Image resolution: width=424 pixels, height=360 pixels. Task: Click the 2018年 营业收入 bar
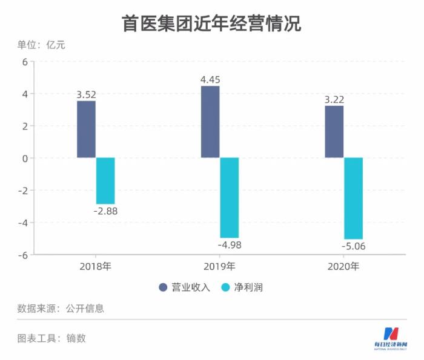(x=86, y=129)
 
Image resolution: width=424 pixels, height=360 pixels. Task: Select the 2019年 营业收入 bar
(x=210, y=122)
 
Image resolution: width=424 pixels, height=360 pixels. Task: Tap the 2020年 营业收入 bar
(x=334, y=132)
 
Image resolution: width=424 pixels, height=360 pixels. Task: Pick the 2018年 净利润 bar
(x=105, y=181)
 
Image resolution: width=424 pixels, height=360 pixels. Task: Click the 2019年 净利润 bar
(x=230, y=198)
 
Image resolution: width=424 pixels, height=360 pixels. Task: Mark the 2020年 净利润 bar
(x=354, y=198)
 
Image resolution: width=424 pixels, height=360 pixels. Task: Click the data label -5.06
(x=355, y=246)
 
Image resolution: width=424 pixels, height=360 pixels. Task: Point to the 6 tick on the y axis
(x=25, y=62)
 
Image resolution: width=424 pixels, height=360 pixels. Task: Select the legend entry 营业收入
(x=185, y=287)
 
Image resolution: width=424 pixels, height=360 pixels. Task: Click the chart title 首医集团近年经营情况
(x=211, y=23)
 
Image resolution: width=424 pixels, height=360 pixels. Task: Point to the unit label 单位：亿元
(x=41, y=44)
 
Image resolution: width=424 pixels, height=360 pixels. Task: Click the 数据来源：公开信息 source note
(x=61, y=308)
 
